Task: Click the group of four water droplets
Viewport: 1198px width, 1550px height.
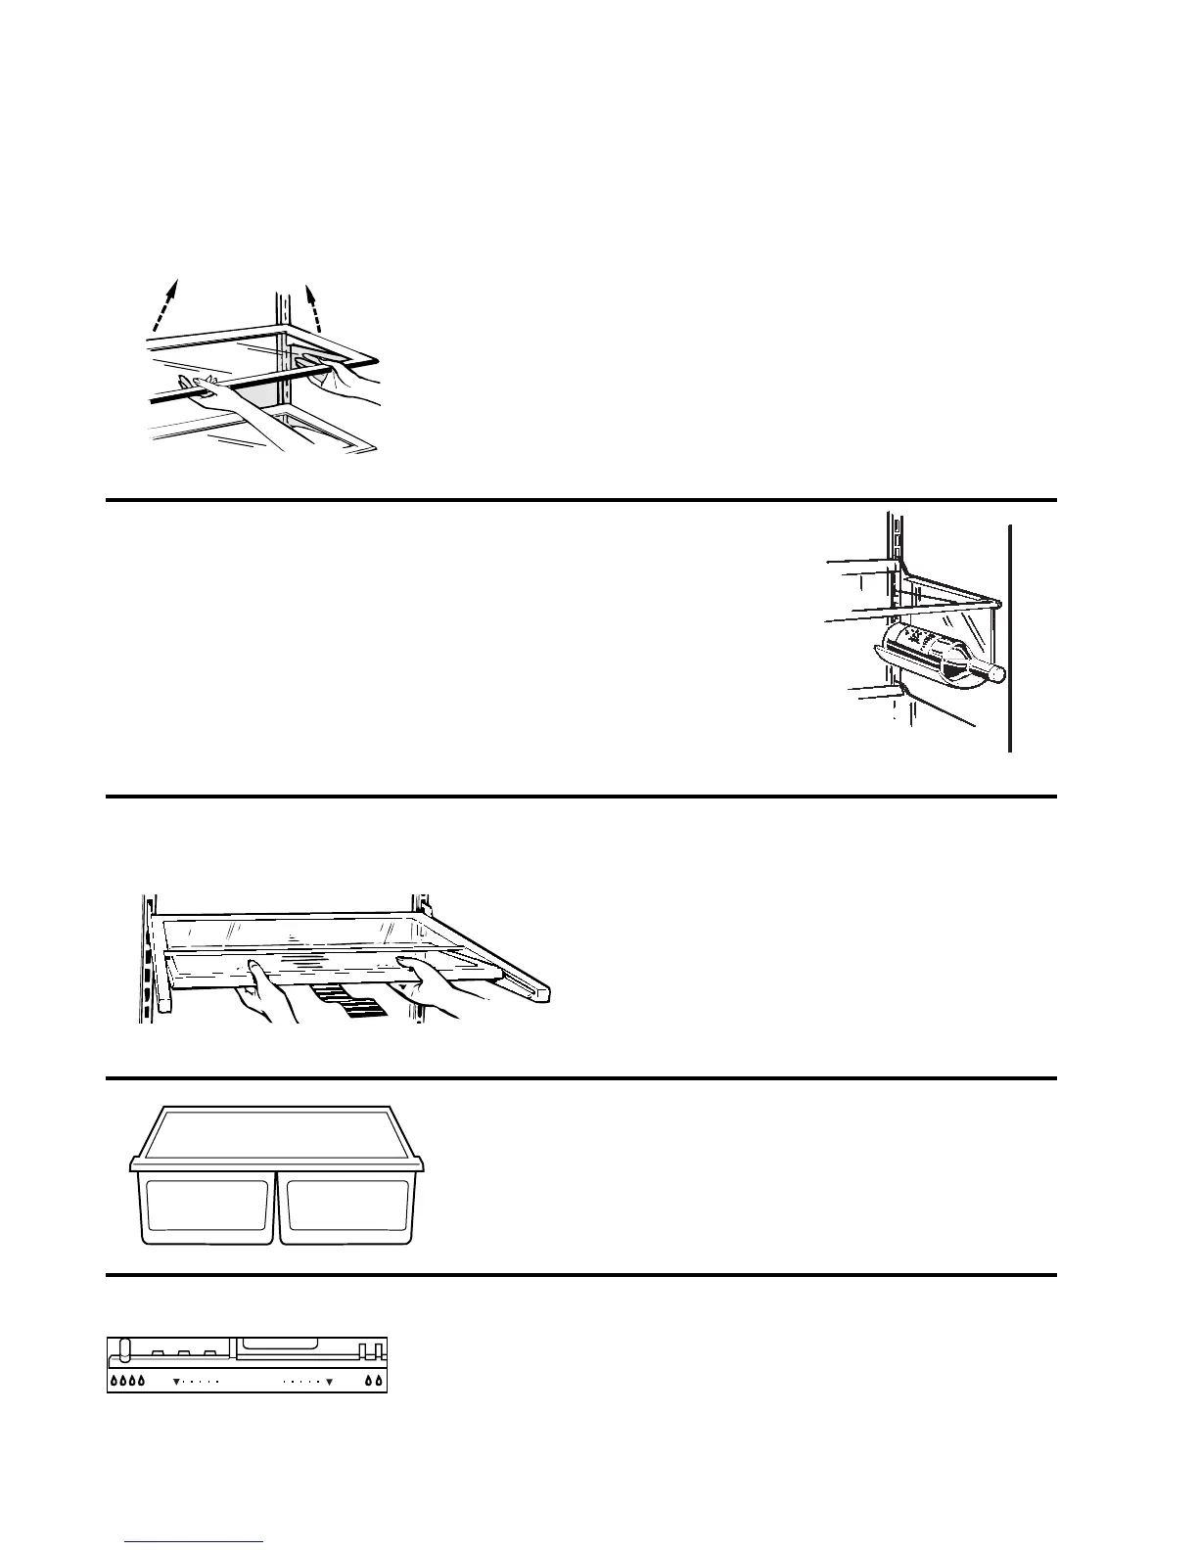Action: click(128, 1382)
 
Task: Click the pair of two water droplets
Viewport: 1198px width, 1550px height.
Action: click(374, 1382)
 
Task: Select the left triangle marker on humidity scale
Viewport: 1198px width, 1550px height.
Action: click(176, 1383)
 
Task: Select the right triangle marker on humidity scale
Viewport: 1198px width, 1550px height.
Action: click(330, 1383)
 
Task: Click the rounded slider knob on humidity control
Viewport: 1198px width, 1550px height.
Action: click(123, 1349)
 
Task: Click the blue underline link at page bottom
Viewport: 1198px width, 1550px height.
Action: click(196, 1542)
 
